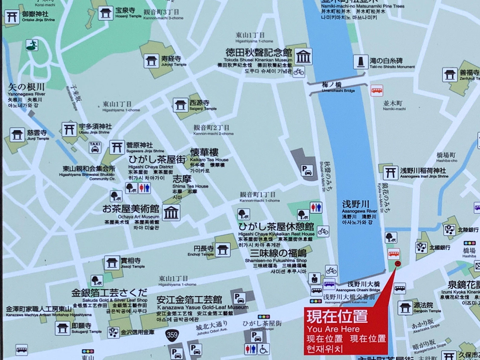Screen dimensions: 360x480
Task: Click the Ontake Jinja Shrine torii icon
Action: (12, 17)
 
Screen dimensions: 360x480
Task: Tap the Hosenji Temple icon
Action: (105, 13)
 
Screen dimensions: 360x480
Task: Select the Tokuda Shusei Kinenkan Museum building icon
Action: (303, 57)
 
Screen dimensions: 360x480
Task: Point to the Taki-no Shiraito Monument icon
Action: (360, 62)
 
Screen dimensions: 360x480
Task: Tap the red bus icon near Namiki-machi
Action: (377, 91)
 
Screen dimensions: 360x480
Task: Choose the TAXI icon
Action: (95, 147)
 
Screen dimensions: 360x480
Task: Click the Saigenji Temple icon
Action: (180, 105)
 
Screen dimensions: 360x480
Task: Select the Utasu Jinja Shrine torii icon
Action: (69, 129)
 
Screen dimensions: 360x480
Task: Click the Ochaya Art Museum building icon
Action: (171, 213)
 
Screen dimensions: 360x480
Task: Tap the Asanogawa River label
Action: (356, 205)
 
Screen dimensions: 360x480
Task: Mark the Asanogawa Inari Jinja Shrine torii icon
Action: (390, 172)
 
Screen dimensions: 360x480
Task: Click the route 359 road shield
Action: (172, 335)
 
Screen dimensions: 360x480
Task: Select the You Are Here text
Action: (333, 329)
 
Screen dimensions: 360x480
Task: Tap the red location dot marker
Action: (397, 263)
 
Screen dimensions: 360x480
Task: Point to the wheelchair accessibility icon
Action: (263, 349)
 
